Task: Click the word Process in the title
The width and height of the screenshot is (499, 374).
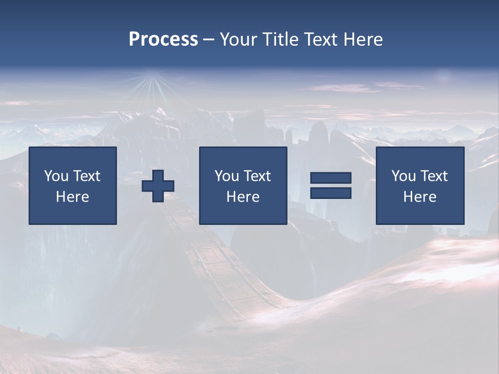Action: [163, 39]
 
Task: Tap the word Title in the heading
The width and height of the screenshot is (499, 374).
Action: [280, 39]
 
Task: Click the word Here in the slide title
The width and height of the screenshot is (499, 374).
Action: [363, 39]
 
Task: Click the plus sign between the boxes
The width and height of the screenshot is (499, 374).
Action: [158, 186]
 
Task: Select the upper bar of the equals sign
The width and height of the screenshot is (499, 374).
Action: [331, 178]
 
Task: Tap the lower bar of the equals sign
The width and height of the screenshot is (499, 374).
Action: [331, 193]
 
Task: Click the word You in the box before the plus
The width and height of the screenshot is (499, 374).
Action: [56, 176]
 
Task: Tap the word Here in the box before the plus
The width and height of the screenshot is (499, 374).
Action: [73, 197]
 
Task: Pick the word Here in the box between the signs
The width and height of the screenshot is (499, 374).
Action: [243, 197]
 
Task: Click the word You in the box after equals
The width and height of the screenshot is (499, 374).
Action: [403, 176]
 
